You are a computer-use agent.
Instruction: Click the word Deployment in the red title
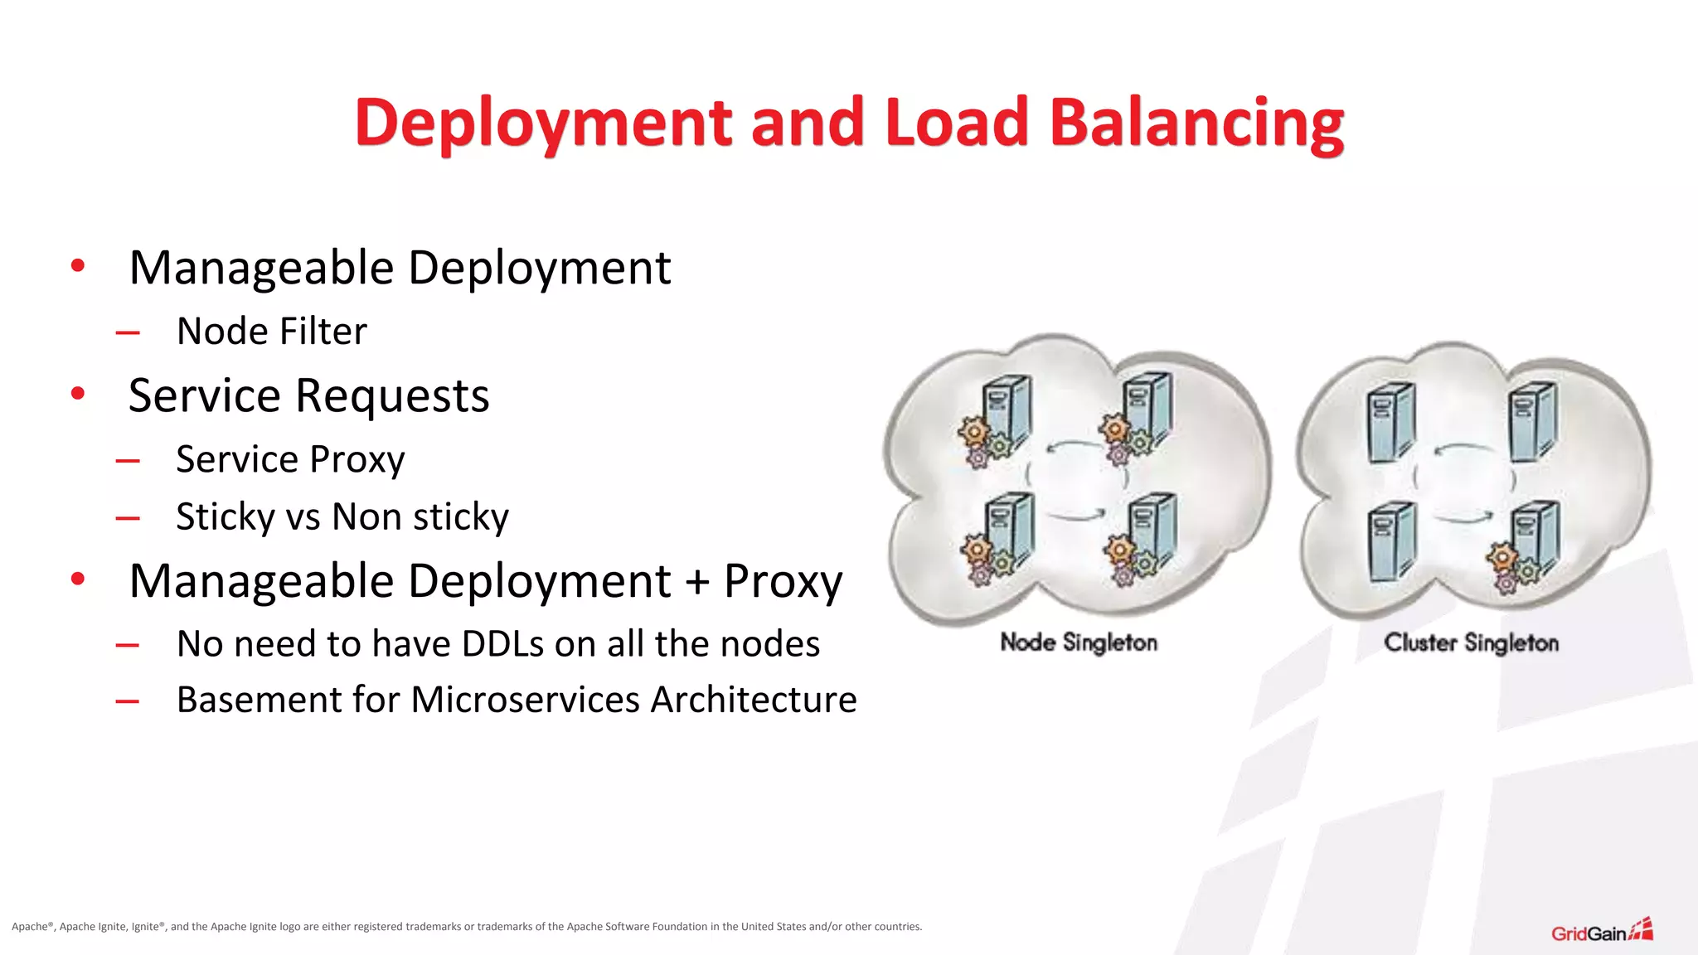[543, 123]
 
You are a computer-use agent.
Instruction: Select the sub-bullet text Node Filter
[271, 332]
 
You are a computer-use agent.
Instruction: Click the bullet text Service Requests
[308, 395]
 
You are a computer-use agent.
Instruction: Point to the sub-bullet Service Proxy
[290, 459]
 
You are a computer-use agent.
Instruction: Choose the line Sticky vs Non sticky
[342, 516]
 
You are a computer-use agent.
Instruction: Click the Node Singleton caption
[1078, 642]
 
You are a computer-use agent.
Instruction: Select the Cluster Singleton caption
[1471, 642]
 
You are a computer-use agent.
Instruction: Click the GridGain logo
[1601, 931]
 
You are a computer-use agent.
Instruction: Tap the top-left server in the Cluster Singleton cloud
[1390, 421]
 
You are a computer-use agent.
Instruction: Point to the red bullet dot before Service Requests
[78, 393]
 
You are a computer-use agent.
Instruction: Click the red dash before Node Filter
[128, 334]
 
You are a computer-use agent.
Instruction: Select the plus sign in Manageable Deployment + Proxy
[697, 580]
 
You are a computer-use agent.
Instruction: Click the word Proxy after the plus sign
[783, 581]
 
